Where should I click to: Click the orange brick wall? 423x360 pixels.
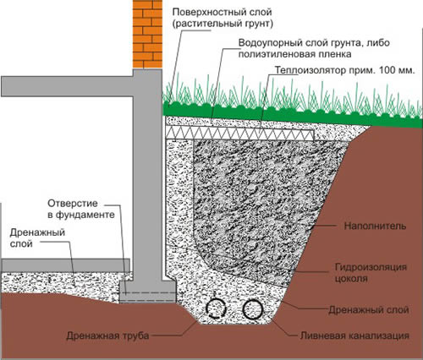pos(147,34)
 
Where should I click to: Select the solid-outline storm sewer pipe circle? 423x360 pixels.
pos(253,309)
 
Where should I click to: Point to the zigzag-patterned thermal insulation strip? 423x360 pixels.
pos(239,133)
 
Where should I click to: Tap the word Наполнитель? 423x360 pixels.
pos(375,226)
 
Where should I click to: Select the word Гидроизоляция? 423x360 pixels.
pos(371,267)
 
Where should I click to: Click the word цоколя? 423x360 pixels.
pos(351,279)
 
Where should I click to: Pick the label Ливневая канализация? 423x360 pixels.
pos(354,335)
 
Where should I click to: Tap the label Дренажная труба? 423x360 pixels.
pos(107,335)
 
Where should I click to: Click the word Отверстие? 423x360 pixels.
pos(73,204)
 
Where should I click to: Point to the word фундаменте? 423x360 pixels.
pos(85,215)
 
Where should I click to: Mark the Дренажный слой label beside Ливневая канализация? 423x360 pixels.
pos(369,310)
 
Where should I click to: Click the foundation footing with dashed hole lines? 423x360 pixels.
pos(148,292)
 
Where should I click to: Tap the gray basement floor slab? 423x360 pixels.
pos(66,265)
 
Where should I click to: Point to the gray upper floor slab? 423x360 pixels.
pos(67,86)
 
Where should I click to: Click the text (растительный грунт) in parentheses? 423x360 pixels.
pos(222,24)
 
